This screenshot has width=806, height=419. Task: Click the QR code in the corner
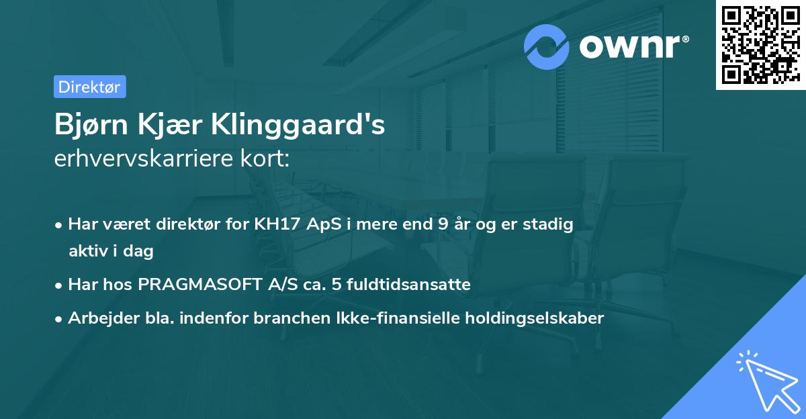pyautogui.click(x=760, y=45)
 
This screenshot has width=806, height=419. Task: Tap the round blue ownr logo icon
pyautogui.click(x=547, y=46)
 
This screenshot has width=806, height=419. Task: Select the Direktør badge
pyautogui.click(x=89, y=87)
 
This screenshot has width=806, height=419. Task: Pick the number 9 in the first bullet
pyautogui.click(x=442, y=224)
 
